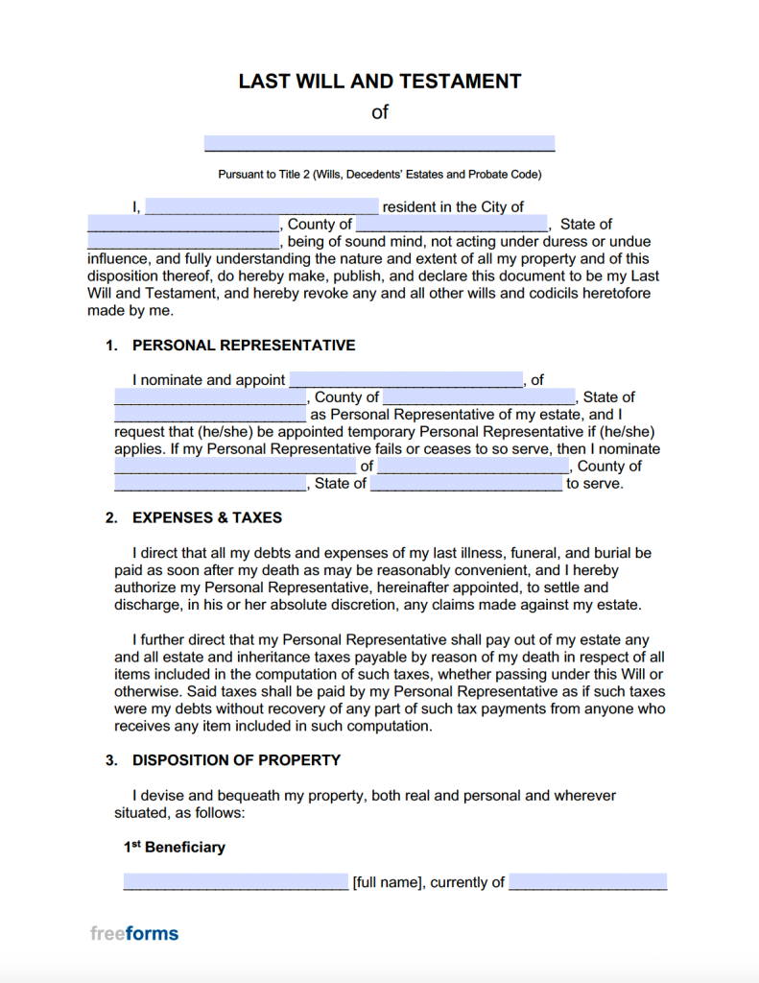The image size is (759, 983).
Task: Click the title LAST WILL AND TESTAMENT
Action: pyautogui.click(x=379, y=82)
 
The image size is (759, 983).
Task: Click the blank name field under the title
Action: pyautogui.click(x=379, y=143)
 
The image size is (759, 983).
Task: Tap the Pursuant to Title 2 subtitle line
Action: pyautogui.click(x=379, y=175)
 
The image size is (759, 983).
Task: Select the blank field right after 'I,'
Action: pyautogui.click(x=262, y=206)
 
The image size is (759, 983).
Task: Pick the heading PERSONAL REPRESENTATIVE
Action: pyautogui.click(x=244, y=346)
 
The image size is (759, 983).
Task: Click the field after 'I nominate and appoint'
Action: pyautogui.click(x=406, y=380)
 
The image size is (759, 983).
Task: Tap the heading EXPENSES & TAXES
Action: pyautogui.click(x=207, y=517)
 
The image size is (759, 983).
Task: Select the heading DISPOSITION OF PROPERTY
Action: pyautogui.click(x=236, y=760)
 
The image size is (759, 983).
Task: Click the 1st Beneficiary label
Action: pyautogui.click(x=175, y=848)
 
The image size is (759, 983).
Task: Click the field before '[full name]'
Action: pyautogui.click(x=236, y=882)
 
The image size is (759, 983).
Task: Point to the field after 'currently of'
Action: pyautogui.click(x=587, y=882)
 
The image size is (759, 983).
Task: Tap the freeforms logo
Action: pyautogui.click(x=134, y=933)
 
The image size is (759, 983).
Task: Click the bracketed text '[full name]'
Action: pyautogui.click(x=388, y=883)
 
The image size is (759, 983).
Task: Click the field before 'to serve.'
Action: pyautogui.click(x=466, y=484)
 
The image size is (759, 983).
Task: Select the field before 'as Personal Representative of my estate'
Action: pyautogui.click(x=210, y=415)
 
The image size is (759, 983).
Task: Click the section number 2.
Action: pyautogui.click(x=111, y=517)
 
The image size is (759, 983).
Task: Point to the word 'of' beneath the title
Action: pyautogui.click(x=380, y=112)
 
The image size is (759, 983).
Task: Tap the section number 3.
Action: pyautogui.click(x=111, y=760)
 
